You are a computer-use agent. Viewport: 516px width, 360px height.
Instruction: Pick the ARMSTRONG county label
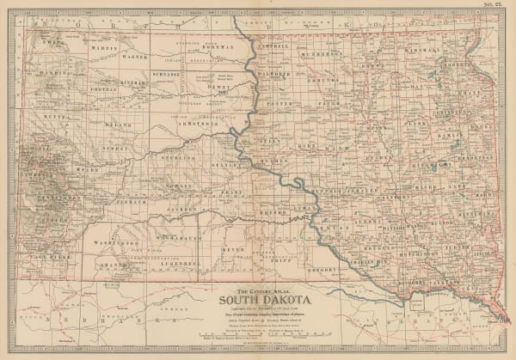tap(206, 124)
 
